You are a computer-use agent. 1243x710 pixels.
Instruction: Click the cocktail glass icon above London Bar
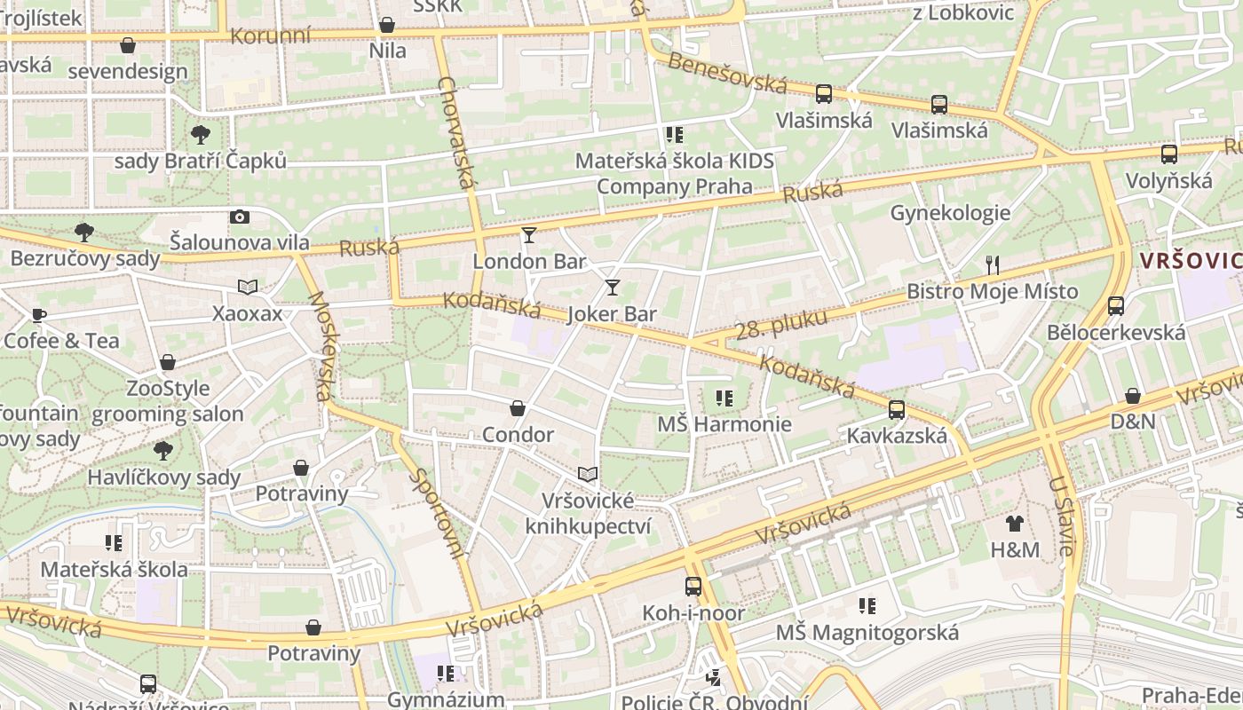click(529, 234)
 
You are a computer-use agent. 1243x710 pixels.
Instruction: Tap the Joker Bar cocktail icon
click(612, 287)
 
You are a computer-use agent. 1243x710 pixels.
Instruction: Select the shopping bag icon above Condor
click(518, 408)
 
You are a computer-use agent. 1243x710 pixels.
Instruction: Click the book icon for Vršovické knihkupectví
click(588, 474)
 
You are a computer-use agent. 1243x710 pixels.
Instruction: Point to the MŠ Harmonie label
click(724, 424)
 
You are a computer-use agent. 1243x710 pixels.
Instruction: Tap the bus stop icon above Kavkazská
click(897, 410)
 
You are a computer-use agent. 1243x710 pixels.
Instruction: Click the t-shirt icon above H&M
click(1015, 524)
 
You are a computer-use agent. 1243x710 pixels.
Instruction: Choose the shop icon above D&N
click(1133, 396)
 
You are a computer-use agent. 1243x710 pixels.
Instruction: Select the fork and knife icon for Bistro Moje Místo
click(993, 264)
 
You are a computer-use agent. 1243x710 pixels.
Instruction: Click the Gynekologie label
click(950, 213)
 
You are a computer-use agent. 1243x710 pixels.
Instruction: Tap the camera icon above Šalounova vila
click(239, 217)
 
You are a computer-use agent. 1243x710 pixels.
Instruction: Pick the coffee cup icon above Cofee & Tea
click(38, 314)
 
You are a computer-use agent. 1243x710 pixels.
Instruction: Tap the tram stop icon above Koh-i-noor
click(693, 586)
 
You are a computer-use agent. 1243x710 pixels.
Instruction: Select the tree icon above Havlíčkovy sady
click(163, 451)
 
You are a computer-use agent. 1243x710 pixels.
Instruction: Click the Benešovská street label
click(727, 74)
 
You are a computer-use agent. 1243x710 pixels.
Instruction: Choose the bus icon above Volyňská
click(1168, 154)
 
